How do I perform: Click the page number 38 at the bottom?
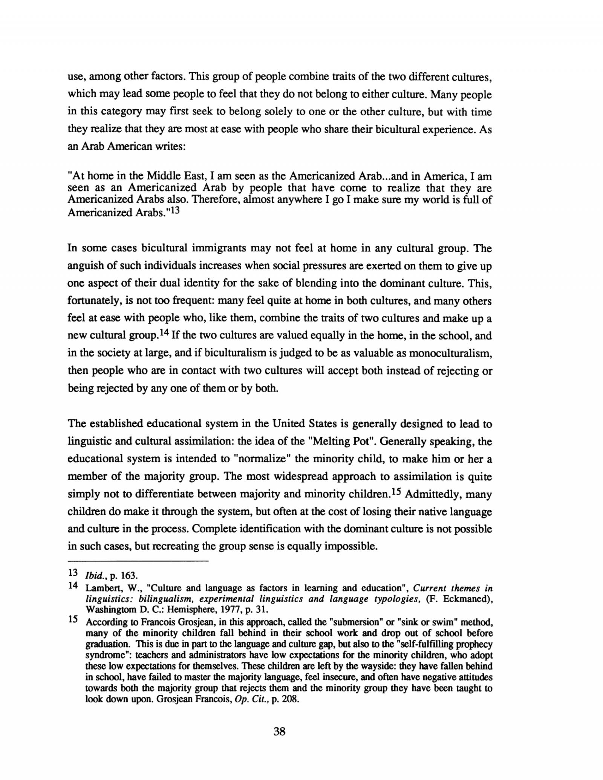tap(279, 731)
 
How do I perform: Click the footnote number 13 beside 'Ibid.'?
tap(73, 573)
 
